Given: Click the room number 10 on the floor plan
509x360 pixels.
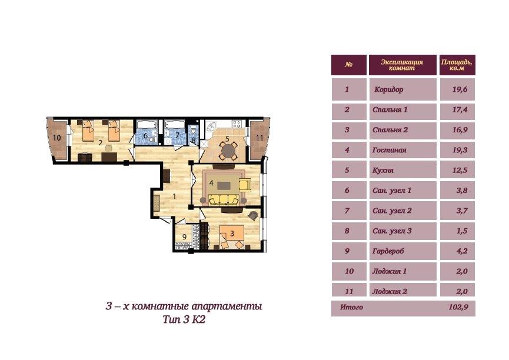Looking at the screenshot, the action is point(57,138).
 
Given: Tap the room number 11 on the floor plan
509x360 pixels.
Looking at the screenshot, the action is point(260,138).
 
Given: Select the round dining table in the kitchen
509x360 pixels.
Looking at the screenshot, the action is point(228,151).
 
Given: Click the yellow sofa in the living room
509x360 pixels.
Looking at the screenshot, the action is point(224,200).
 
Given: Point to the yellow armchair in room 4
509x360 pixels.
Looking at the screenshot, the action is point(245,185).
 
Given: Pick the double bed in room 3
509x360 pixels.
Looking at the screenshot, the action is point(232,236).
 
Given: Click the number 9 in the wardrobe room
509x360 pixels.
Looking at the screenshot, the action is point(184,236).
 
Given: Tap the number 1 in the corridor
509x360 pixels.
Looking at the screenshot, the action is point(174,196).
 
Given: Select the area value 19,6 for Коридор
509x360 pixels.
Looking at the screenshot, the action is point(460,89).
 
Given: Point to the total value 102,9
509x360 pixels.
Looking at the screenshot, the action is point(458,306).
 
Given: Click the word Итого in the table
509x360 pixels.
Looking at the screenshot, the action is point(351,306).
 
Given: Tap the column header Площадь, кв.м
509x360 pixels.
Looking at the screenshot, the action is point(457,65).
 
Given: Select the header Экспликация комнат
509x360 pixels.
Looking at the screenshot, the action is point(402,65).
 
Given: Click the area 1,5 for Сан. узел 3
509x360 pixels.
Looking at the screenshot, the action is point(462,231).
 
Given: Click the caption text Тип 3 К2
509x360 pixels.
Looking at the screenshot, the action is point(184,319).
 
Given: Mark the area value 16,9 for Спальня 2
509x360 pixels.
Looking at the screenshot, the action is point(460,130).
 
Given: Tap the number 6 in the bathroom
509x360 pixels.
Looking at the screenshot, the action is point(145,136).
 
